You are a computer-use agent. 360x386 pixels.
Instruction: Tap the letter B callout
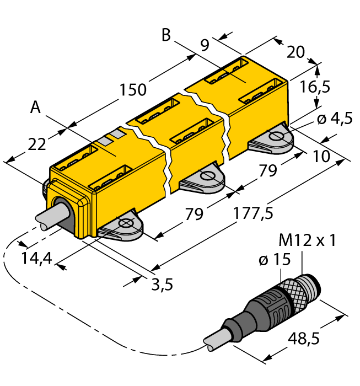pos(166,35)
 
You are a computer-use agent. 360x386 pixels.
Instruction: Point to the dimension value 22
pos(36,144)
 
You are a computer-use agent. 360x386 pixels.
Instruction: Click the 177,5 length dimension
pos(254,212)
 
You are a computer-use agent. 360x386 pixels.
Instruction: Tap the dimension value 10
pos(321,156)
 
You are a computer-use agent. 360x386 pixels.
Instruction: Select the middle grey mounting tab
pos(206,180)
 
